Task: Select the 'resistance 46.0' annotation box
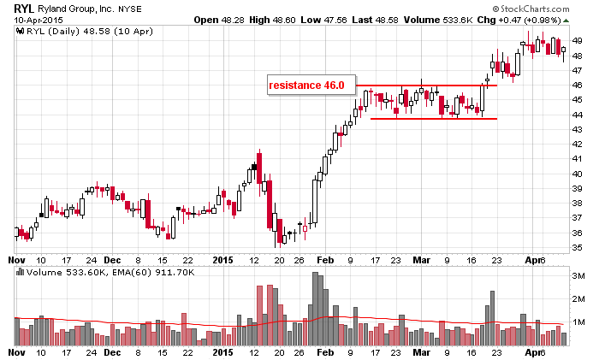pos(305,86)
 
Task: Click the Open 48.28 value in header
pos(222,19)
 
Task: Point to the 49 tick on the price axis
pos(578,41)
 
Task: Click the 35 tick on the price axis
pos(578,247)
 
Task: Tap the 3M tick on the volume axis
pos(578,276)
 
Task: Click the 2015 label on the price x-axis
pos(222,258)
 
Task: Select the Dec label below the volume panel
pos(112,351)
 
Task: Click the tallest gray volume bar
pos(315,308)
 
